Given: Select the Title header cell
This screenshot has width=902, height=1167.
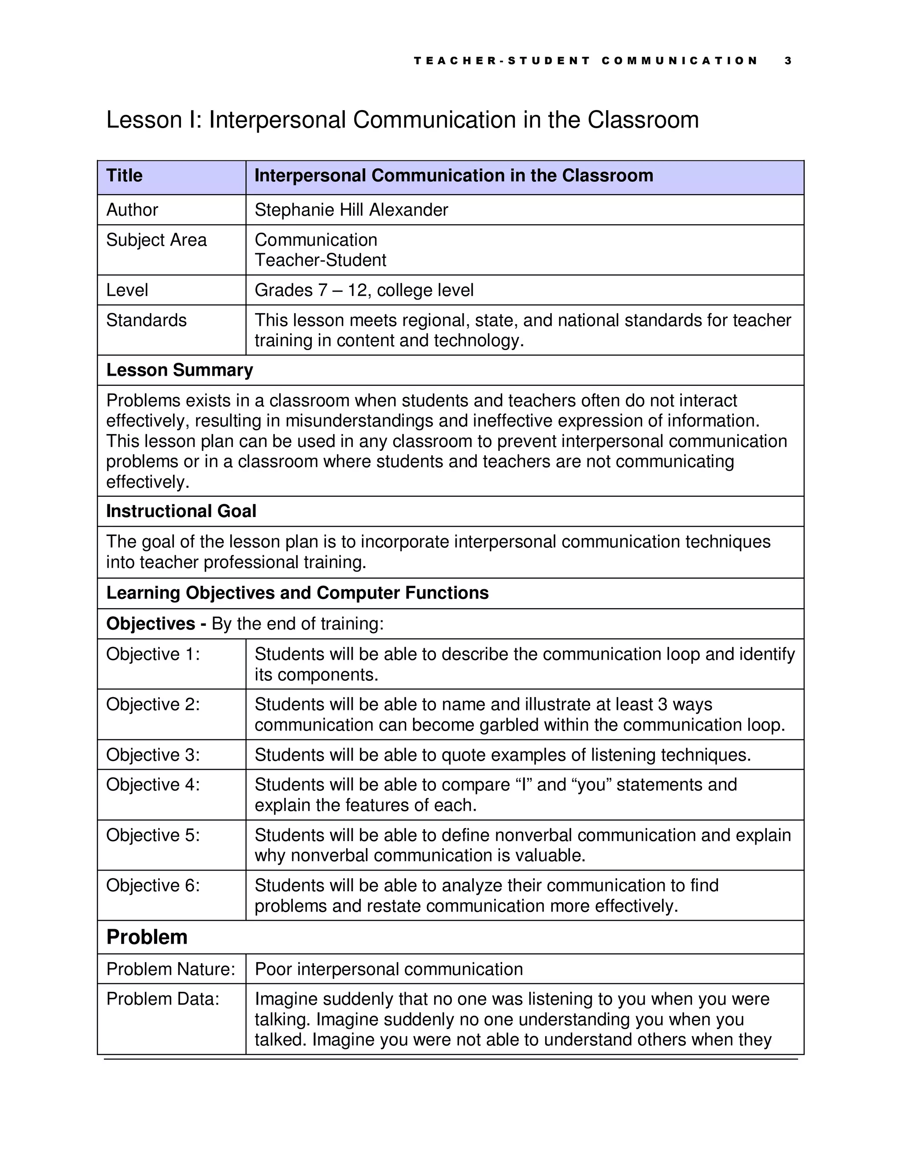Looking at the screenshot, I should point(125,176).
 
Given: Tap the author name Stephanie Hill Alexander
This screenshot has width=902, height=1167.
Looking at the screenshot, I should point(351,210).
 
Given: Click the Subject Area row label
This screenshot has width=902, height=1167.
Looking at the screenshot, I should point(156,240).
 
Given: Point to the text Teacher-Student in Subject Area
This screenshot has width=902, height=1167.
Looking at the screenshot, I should point(320,260).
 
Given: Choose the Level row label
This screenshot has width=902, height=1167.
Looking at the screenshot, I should point(127,290).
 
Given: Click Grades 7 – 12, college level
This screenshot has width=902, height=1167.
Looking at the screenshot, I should point(364,290).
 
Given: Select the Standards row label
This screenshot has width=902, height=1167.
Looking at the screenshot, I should point(146,320).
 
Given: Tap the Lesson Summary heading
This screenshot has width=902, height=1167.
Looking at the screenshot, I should point(180,370).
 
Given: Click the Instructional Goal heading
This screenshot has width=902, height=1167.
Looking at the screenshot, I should point(181,511).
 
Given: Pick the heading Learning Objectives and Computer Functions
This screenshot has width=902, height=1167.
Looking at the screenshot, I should point(297,593).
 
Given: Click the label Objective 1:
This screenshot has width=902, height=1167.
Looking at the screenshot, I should point(153,654).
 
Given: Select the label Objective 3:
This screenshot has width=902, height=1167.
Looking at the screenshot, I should point(153,755).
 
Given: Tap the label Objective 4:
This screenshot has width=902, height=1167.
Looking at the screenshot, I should point(153,785).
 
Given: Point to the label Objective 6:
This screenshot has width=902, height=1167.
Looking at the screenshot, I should point(153,886).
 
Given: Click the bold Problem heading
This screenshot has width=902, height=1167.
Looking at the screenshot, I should point(147,937).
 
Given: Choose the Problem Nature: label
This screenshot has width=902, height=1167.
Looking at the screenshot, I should point(170,969).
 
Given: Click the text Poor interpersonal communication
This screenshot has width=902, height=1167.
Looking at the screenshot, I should point(388,969).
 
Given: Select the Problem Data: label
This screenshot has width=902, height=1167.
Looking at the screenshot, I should point(163,999).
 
